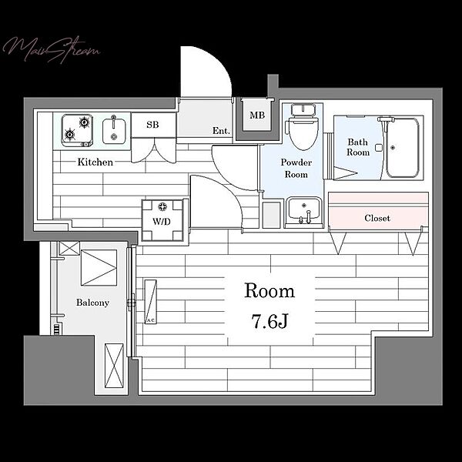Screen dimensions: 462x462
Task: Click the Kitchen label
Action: (95, 162)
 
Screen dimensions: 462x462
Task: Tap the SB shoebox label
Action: (152, 125)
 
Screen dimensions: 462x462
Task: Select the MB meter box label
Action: (257, 115)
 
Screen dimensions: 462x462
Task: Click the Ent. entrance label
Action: (221, 131)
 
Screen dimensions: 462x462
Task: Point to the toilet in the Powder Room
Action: (303, 127)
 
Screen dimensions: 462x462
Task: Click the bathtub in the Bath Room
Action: (403, 148)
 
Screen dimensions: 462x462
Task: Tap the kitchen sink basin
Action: (114, 130)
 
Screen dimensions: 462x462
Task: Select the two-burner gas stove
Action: (77, 131)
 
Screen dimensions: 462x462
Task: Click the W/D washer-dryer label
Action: (162, 221)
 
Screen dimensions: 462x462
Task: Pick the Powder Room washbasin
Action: (304, 210)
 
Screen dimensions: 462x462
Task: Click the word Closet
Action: (377, 218)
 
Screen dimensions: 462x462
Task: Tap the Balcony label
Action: (92, 303)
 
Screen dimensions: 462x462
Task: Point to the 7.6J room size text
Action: (269, 321)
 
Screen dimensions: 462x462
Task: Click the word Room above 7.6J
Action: (269, 291)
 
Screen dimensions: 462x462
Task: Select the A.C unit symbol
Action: (151, 302)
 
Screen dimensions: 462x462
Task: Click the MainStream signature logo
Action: (52, 50)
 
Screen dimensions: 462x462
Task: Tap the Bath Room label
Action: (358, 147)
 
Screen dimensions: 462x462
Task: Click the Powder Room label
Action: (296, 168)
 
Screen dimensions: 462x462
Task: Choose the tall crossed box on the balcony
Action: (114, 366)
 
